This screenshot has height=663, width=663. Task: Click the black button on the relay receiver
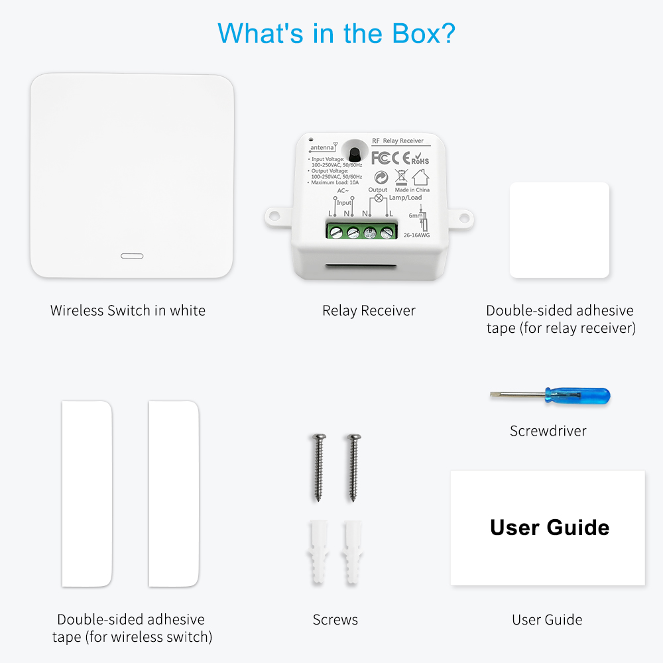(354, 152)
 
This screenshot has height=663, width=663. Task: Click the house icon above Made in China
(420, 177)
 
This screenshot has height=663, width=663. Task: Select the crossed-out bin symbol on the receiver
(401, 177)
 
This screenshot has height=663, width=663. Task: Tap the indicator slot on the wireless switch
(131, 255)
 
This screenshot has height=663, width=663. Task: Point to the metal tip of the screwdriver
(497, 395)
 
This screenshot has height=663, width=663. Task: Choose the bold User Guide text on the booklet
(549, 528)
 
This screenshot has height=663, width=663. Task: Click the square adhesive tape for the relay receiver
(559, 230)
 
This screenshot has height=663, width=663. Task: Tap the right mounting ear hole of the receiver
(464, 217)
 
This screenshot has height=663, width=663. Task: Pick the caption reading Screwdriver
(548, 431)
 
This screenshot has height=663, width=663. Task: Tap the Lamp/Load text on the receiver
(405, 198)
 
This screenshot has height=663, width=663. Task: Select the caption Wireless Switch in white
(128, 310)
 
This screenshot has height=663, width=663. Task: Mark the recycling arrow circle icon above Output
(381, 177)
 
